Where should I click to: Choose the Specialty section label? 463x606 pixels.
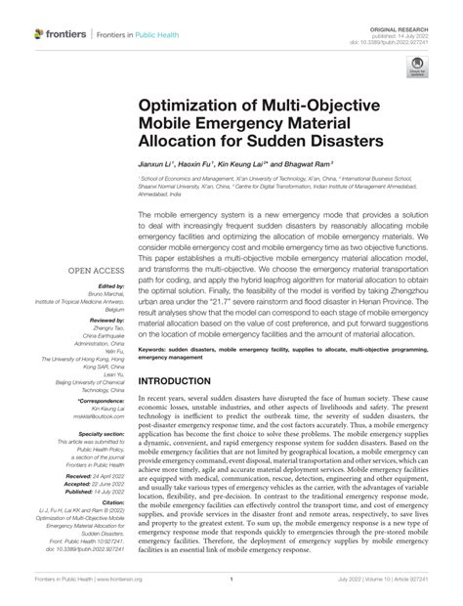[x=95, y=433]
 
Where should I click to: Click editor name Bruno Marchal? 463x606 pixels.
[x=99, y=301]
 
